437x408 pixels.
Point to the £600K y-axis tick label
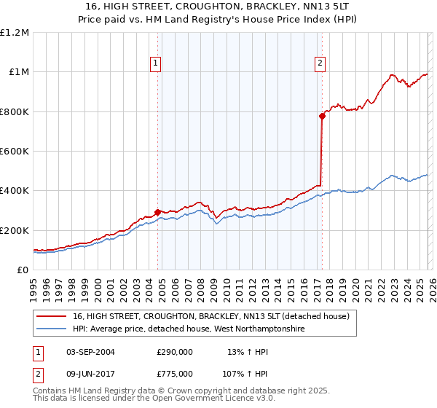pos(15,152)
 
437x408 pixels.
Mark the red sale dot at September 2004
pos(158,212)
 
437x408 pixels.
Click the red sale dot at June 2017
pos(322,116)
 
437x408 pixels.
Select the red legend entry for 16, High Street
pos(211,316)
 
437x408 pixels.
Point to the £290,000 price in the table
pos(175,352)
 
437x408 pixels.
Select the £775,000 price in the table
pos(175,373)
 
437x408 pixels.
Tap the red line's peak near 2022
pos(392,74)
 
